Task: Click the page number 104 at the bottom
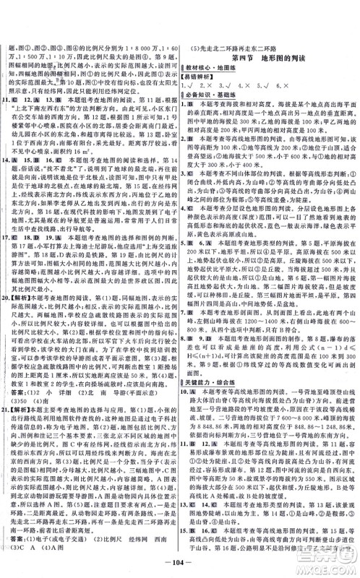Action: [x=179, y=563]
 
